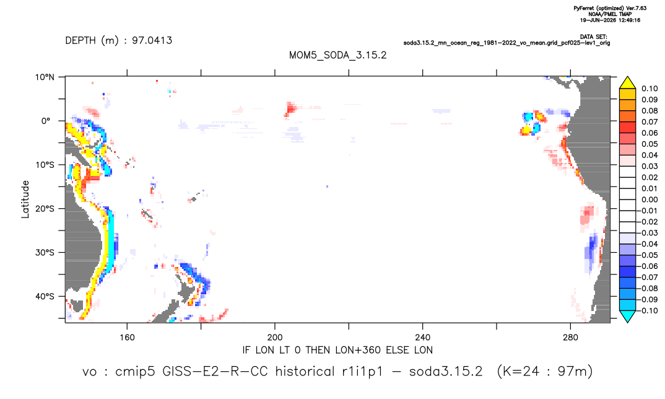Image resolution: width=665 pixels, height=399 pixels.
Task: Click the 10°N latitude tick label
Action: click(45, 77)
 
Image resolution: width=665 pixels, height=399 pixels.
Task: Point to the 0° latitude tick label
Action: click(46, 121)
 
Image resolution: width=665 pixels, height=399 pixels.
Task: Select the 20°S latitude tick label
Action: click(45, 209)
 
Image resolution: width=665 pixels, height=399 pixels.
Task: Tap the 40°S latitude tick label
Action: click(45, 296)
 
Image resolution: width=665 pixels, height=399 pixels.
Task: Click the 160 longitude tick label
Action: click(127, 338)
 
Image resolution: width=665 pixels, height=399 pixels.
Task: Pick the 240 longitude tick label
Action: click(423, 338)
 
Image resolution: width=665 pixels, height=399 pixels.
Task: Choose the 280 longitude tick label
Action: click(570, 338)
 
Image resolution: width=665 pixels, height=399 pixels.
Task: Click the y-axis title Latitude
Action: click(25, 199)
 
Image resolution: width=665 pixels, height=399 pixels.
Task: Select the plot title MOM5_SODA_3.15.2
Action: click(338, 55)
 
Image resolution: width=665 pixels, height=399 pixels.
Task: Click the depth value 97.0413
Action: click(152, 40)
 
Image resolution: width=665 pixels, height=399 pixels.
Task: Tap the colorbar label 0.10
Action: click(650, 89)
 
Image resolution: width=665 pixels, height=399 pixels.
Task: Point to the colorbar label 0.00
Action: click(650, 199)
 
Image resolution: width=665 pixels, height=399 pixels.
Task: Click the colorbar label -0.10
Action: click(648, 310)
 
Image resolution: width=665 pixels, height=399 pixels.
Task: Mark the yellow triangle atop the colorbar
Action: click(627, 83)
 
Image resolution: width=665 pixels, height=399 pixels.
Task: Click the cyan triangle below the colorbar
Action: click(627, 316)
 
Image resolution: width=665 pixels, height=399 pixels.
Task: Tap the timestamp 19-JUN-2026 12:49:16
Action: click(611, 20)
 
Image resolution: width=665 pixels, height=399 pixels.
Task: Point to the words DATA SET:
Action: click(594, 37)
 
